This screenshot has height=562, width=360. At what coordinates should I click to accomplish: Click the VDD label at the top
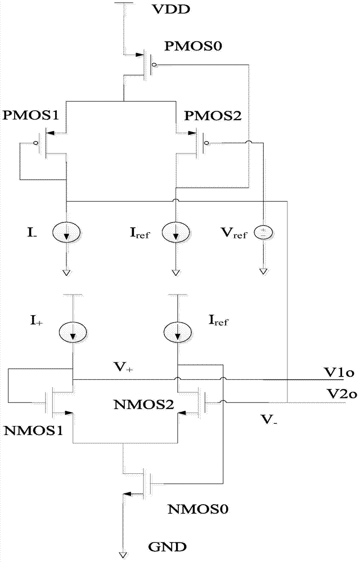coord(170,10)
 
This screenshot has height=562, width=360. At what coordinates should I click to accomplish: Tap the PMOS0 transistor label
coord(193,46)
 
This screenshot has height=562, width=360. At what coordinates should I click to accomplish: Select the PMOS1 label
coord(30,115)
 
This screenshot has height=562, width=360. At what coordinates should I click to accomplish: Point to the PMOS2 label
coord(213,116)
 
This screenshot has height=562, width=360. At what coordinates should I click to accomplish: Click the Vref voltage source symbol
coord(264,233)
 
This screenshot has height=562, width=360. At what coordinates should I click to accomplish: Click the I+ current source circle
coord(73,332)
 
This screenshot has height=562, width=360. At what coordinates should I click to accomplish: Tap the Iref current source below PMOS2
coord(175,233)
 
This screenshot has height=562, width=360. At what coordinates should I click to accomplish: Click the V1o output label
coord(340,373)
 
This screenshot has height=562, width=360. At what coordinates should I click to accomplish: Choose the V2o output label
coord(341,394)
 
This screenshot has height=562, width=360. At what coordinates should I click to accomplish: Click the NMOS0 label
coord(198,509)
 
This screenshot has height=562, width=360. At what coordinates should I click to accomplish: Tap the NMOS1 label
coord(33,430)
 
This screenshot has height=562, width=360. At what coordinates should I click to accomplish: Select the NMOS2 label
coord(143,405)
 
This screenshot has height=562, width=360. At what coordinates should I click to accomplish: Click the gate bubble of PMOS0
coord(154,65)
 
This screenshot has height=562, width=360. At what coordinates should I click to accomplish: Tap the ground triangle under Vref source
coord(264,271)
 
